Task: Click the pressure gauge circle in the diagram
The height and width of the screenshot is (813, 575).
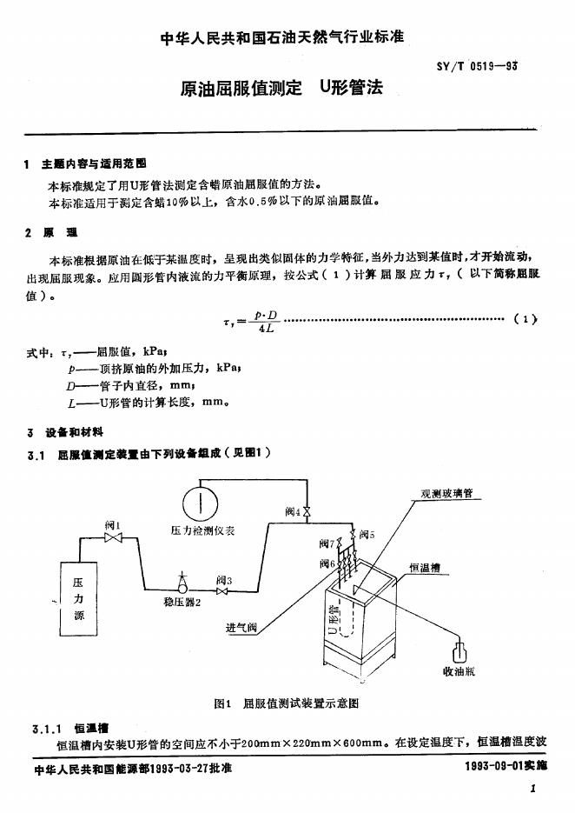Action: point(199,504)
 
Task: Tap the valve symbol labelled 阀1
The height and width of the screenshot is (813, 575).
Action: point(112,539)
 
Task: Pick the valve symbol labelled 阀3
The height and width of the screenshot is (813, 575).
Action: point(221,592)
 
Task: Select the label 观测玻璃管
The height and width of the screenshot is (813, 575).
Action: point(440,494)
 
